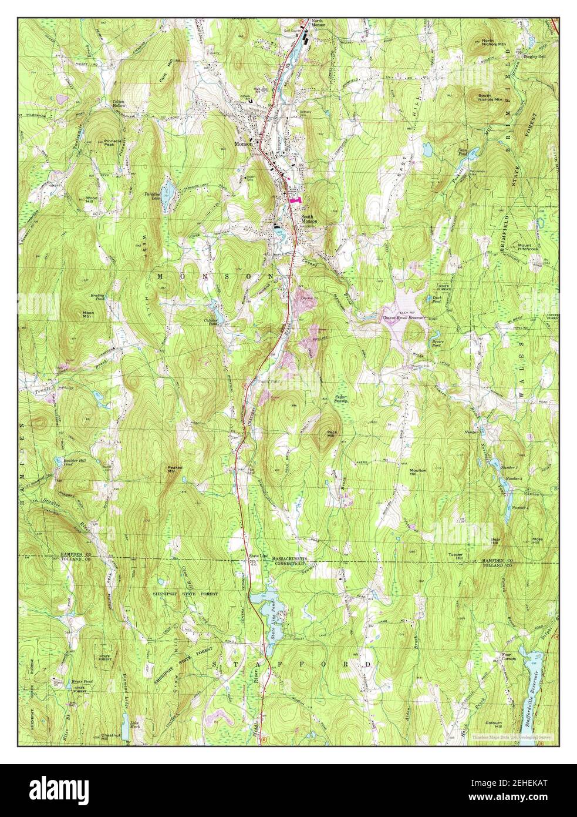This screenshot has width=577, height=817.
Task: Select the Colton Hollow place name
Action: tap(121, 104)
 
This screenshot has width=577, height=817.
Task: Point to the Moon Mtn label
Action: tap(88, 314)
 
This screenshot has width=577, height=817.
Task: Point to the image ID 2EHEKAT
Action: tap(529, 788)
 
